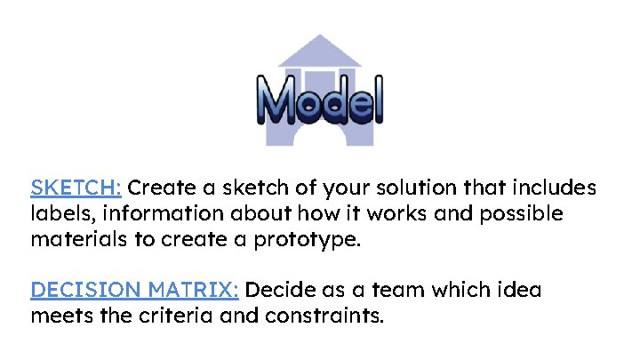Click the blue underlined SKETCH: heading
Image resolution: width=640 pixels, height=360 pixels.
(x=76, y=188)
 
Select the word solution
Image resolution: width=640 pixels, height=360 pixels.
(x=411, y=188)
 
